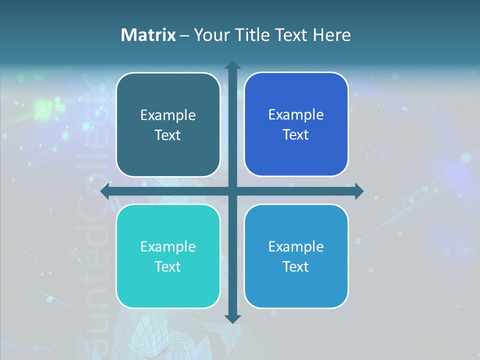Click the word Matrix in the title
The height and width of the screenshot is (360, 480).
click(148, 35)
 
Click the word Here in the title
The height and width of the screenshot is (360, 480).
click(332, 35)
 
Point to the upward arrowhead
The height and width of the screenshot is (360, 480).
click(232, 65)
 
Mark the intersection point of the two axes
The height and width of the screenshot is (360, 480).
click(232, 191)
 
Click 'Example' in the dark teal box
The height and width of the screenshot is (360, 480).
click(168, 115)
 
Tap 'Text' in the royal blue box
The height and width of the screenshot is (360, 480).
click(296, 135)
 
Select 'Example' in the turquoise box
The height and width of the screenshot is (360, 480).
click(168, 246)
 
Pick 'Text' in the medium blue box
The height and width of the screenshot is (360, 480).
click(296, 266)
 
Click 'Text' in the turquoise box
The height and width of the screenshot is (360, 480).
click(168, 266)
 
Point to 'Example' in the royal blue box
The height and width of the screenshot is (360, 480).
click(296, 115)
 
